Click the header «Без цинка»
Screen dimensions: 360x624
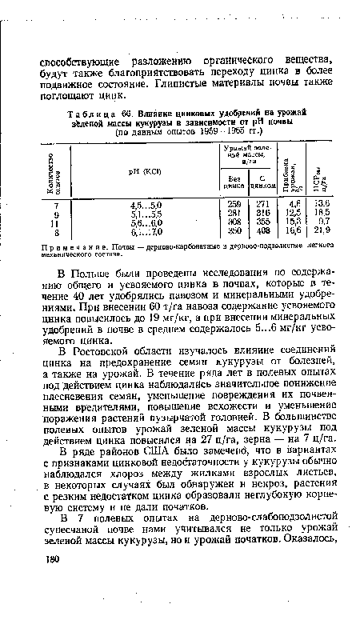(234, 181)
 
